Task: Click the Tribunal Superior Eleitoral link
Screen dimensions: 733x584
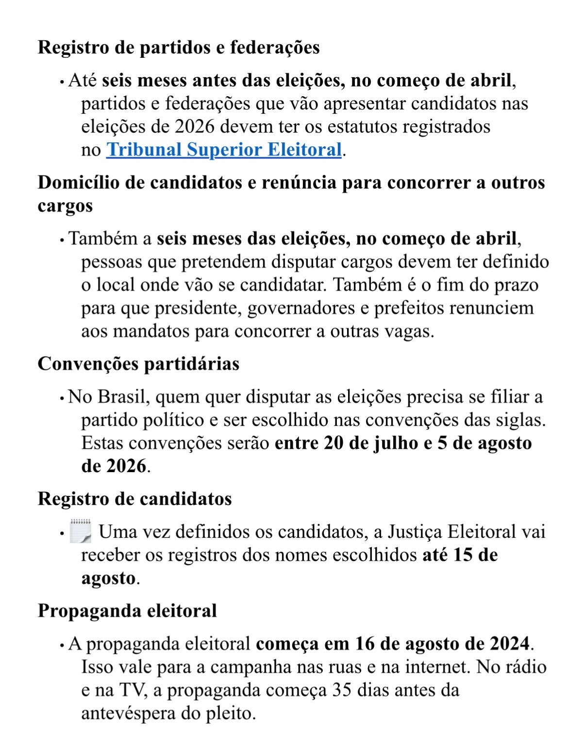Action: [x=224, y=150]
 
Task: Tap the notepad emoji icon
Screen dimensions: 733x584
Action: [x=81, y=531]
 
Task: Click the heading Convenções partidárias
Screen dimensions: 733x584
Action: [x=138, y=364]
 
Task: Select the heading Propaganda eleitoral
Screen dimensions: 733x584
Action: [x=127, y=611]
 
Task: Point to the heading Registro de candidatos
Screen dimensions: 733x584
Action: [x=134, y=499]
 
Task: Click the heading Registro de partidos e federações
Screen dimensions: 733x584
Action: [x=179, y=48]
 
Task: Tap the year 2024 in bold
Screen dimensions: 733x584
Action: [x=509, y=644]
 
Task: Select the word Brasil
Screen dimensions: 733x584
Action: [x=122, y=397]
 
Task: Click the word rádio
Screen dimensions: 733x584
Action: [x=528, y=667]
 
